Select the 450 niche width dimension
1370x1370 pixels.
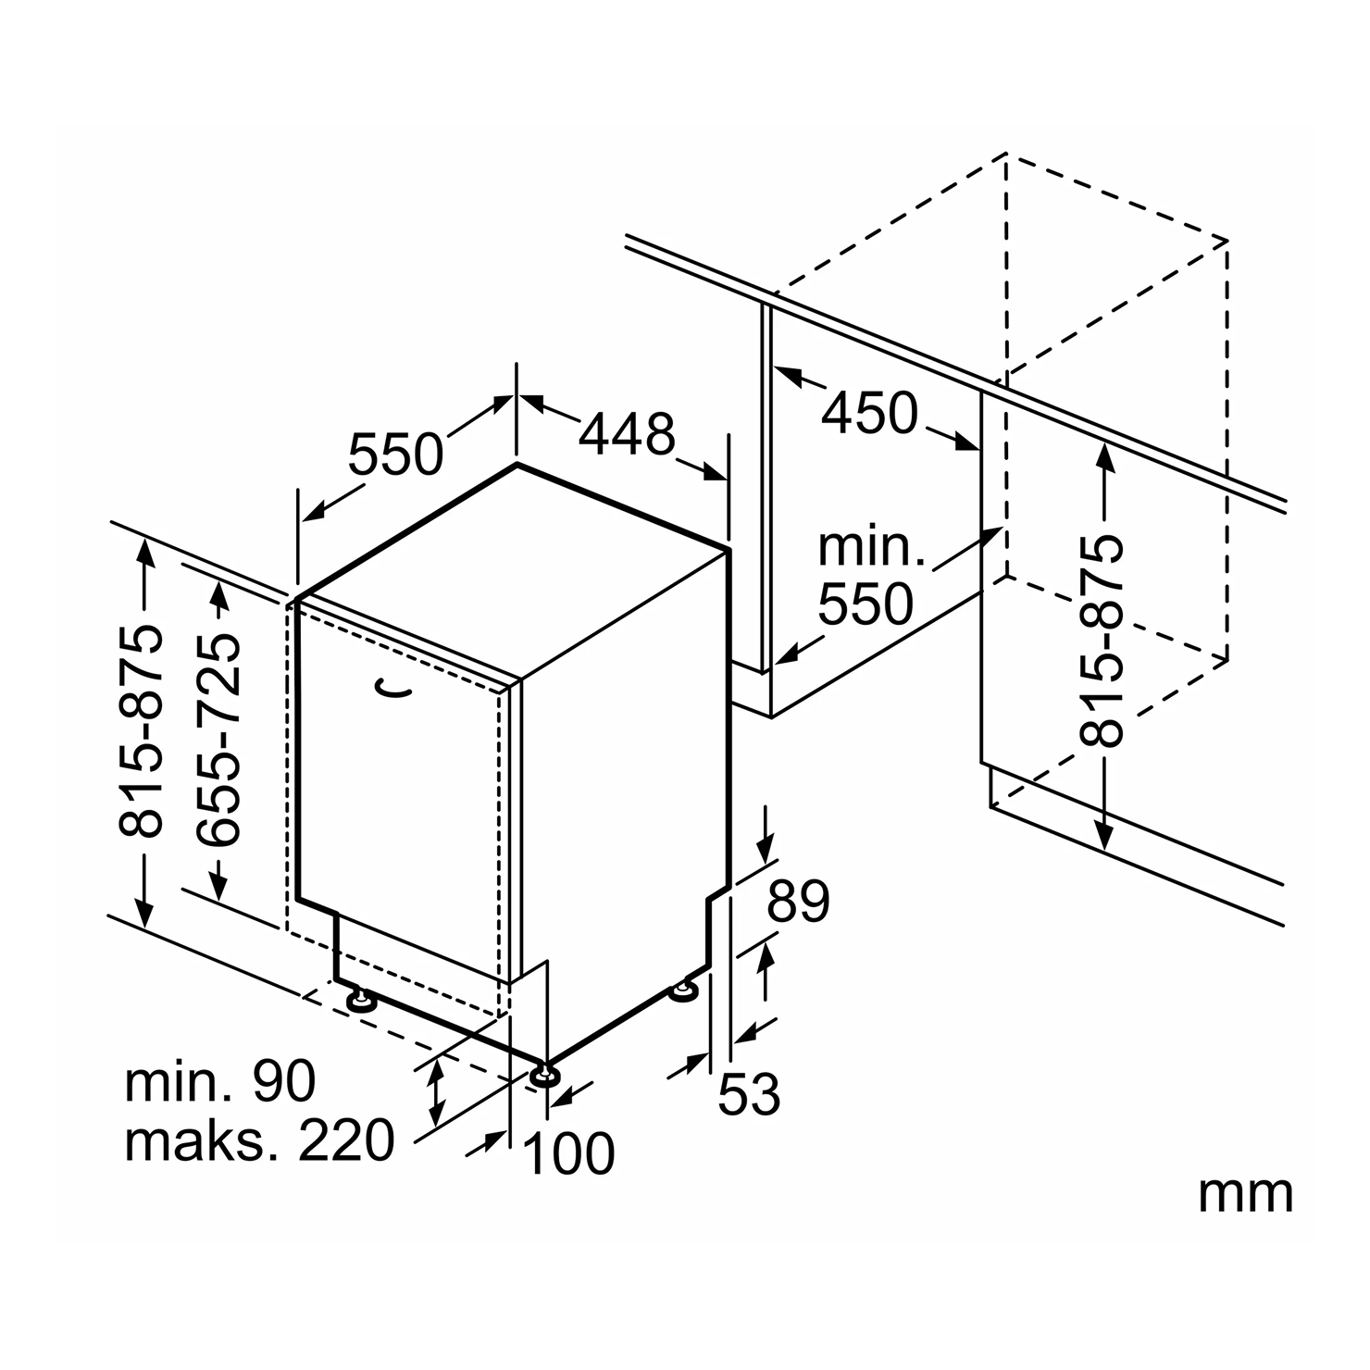[x=870, y=413]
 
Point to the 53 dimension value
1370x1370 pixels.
[x=749, y=1094]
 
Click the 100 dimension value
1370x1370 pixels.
[x=569, y=1153]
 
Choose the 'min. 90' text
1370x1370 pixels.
[x=220, y=1080]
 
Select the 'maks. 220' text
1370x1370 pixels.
[x=259, y=1140]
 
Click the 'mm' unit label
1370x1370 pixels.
[x=1245, y=1194]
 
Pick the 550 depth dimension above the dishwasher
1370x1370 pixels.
[x=396, y=454]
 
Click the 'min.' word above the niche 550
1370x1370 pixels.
[x=871, y=547]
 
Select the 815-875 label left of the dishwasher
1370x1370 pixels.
[x=143, y=731]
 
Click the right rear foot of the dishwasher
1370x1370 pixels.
[x=685, y=991]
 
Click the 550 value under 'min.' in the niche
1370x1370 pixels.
[x=866, y=604]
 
